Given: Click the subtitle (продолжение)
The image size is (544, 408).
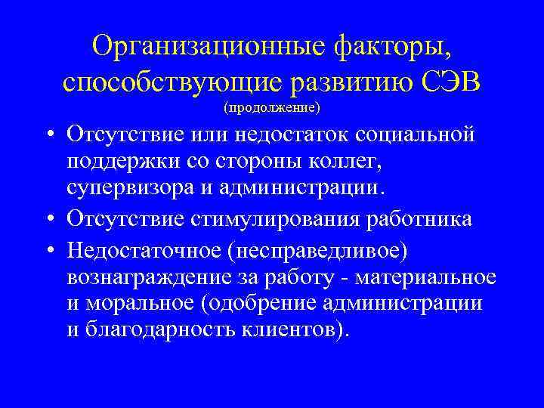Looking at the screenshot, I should tap(272, 107).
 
